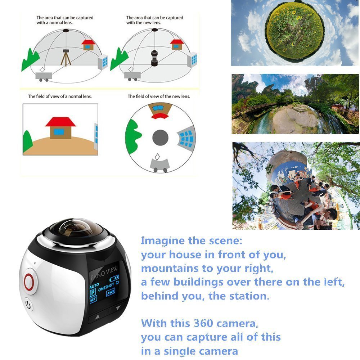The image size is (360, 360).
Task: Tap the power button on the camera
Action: click(29, 306)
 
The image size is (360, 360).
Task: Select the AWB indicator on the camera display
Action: click(111, 292)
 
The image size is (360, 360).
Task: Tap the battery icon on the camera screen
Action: click(116, 278)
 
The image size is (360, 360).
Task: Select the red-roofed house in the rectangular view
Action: click(60, 126)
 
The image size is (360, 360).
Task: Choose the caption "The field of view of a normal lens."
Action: click(60, 96)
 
